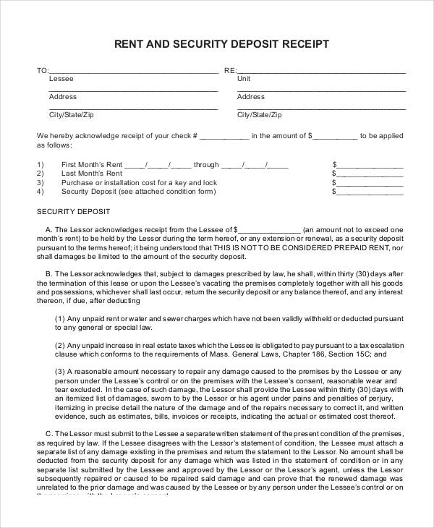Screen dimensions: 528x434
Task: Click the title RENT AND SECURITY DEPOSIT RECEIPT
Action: pyautogui.click(x=221, y=44)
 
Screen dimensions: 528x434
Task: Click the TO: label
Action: pyautogui.click(x=43, y=71)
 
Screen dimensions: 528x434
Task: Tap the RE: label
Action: pyautogui.click(x=230, y=71)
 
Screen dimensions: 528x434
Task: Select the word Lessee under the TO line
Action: pyautogui.click(x=60, y=79)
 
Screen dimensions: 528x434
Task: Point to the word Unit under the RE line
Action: pyautogui.click(x=244, y=79)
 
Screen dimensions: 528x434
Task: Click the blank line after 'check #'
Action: pyautogui.click(x=224, y=135)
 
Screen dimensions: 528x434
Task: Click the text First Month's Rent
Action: pyautogui.click(x=92, y=164)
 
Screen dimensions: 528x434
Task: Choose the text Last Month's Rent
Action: pyautogui.click(x=91, y=174)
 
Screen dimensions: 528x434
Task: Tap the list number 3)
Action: pyautogui.click(x=41, y=183)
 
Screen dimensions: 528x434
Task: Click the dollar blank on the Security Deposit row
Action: pyautogui.click(x=370, y=192)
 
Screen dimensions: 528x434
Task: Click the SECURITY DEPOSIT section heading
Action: pyautogui.click(x=73, y=212)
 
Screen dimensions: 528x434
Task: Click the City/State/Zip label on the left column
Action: pyautogui.click(x=71, y=115)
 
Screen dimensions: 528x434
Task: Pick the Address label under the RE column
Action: pyautogui.click(x=251, y=97)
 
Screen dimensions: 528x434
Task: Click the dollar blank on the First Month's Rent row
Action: pyautogui.click(x=370, y=164)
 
